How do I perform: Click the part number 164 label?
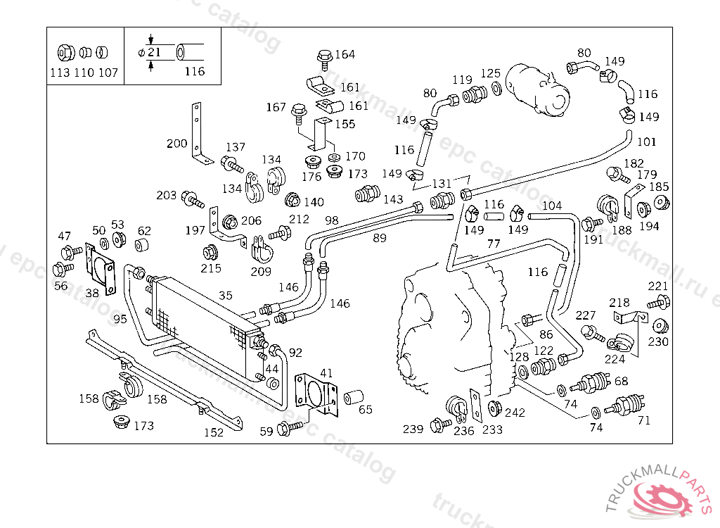345,54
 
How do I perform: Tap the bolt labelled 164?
324,56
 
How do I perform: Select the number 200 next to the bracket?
176,144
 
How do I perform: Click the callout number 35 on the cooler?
225,296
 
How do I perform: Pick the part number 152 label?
214,432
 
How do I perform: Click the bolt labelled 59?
288,427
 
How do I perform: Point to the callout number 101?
646,142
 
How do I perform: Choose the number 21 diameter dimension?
155,52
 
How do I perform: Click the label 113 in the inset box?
60,73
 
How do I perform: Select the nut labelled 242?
494,408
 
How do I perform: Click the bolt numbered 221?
659,302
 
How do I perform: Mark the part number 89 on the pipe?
380,238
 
